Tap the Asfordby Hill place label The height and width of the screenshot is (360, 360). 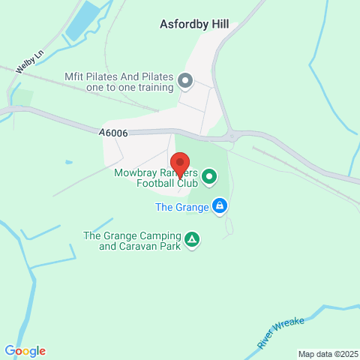pos(194,24)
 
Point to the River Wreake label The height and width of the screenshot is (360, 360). pos(281,332)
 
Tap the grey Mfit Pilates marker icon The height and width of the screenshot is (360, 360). pos(185,79)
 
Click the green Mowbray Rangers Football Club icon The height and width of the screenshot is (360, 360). pos(209,178)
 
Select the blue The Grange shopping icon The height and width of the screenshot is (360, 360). pos(219,205)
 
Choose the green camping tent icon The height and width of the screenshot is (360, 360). pos(193,239)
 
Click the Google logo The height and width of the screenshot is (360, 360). pos(25,351)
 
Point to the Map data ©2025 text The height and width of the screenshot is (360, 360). pos(328,354)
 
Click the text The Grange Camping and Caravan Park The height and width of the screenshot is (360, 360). pos(132,241)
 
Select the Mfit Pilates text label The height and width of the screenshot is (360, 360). pos(118,82)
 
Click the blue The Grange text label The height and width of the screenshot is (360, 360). pos(181,206)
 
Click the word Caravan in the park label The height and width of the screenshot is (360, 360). pos(143,246)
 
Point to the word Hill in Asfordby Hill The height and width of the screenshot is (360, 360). pos(217,24)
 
